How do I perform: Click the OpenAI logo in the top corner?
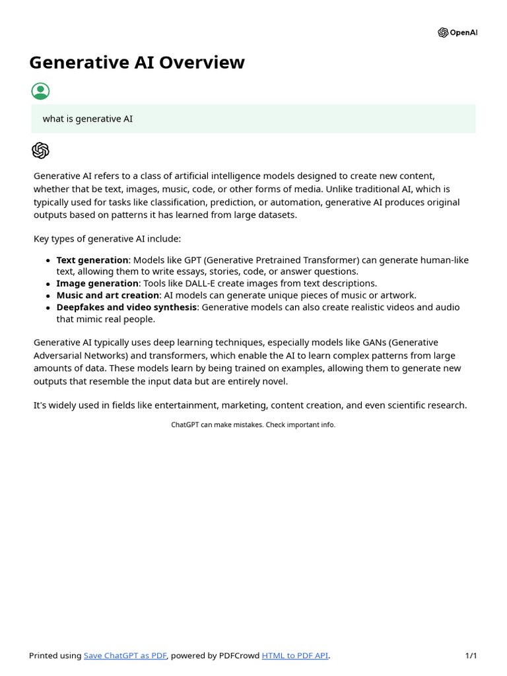(x=457, y=32)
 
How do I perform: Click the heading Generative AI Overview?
(x=137, y=62)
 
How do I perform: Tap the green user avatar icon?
(x=40, y=91)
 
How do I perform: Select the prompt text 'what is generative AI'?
(x=87, y=119)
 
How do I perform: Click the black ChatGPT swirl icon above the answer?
(x=40, y=151)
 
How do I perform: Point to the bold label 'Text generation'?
(x=92, y=260)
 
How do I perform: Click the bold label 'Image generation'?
(x=97, y=283)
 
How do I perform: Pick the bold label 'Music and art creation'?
(x=108, y=295)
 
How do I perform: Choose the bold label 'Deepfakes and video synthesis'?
(x=126, y=307)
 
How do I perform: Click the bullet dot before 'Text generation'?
(x=48, y=261)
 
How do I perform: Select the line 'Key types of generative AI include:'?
(x=107, y=238)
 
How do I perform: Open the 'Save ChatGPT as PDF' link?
(x=125, y=656)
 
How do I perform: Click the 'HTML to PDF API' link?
(x=294, y=656)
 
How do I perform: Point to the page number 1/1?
(x=471, y=656)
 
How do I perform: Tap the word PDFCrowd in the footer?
(x=239, y=656)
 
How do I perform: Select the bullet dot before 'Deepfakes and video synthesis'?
(x=48, y=308)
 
